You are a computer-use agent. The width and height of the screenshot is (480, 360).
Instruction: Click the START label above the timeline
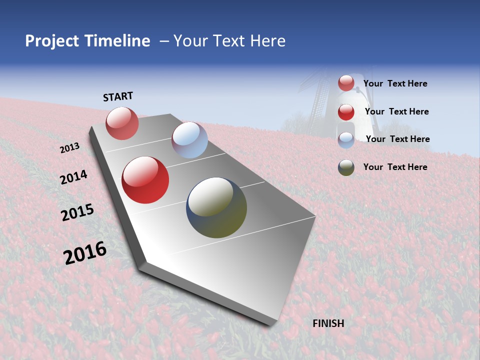(x=118, y=96)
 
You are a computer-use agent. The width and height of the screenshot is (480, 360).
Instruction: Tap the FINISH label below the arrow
(x=328, y=323)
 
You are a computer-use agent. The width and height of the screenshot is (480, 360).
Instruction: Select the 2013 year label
(x=69, y=148)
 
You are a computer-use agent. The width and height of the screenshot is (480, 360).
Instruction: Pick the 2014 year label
(x=73, y=177)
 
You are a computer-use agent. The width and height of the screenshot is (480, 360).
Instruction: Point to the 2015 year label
(x=77, y=212)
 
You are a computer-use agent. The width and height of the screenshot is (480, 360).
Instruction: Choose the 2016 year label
(x=85, y=253)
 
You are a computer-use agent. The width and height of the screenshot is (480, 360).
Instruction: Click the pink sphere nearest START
(x=122, y=123)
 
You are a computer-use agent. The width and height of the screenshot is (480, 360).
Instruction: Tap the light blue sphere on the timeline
(x=189, y=140)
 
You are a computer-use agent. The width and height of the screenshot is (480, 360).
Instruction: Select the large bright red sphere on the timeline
(x=145, y=180)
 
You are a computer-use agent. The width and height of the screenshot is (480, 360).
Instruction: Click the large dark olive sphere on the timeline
(x=216, y=207)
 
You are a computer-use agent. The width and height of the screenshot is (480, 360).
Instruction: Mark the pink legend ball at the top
(x=346, y=83)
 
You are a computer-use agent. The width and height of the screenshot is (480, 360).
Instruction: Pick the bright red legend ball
(x=346, y=112)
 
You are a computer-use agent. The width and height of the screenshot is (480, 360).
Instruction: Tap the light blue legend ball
(x=346, y=140)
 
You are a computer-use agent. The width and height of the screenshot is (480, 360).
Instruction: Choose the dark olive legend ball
(x=346, y=167)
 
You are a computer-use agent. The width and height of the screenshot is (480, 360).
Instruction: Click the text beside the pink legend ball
(x=395, y=84)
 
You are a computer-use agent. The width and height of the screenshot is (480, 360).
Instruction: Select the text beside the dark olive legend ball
(x=395, y=167)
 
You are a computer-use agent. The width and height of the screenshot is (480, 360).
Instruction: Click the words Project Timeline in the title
(x=87, y=41)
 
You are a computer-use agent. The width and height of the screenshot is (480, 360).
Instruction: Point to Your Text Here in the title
(x=229, y=41)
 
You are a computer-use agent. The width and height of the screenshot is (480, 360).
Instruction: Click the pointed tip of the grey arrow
(x=270, y=322)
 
